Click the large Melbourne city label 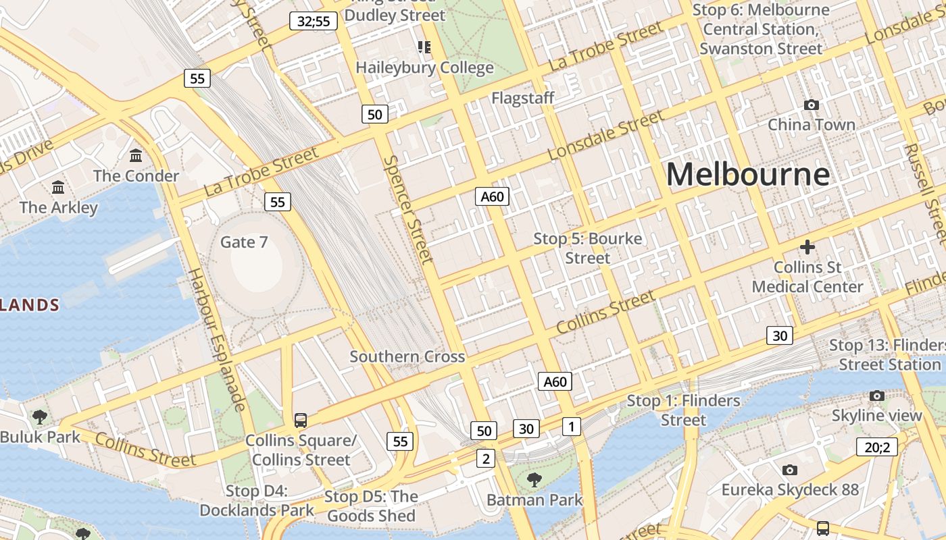point(747,174)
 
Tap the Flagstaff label point(522,98)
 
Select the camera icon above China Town point(812,105)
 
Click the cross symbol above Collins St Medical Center point(807,247)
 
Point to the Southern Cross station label point(407,356)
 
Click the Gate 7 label point(244,242)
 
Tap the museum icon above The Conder point(136,156)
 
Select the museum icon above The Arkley point(58,187)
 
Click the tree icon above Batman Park point(534,480)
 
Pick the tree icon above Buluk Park point(40,416)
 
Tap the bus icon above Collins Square point(301,420)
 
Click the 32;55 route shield point(314,21)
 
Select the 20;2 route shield point(878,447)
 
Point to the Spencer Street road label point(407,209)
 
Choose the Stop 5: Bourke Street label point(587,248)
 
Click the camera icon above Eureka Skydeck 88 point(789,470)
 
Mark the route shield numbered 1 point(571,427)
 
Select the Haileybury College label point(424,67)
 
